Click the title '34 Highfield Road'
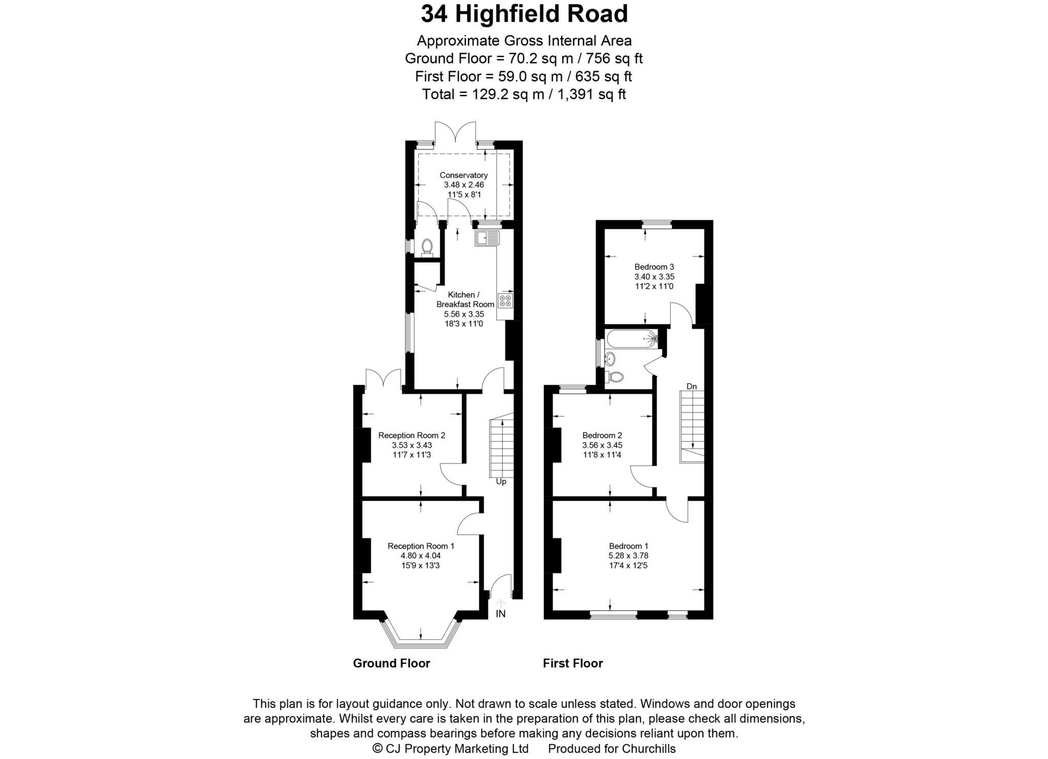524,14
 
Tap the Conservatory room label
464,176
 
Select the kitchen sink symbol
487,238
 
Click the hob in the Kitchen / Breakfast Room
505,301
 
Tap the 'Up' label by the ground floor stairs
501,482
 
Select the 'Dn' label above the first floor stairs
691,386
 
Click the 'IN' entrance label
500,614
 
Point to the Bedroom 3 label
654,267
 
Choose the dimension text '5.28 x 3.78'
628,555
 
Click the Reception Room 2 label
411,436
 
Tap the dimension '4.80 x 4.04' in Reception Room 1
421,555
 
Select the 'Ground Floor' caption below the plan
391,663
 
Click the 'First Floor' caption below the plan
573,663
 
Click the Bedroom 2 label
602,436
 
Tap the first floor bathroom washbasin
610,358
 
